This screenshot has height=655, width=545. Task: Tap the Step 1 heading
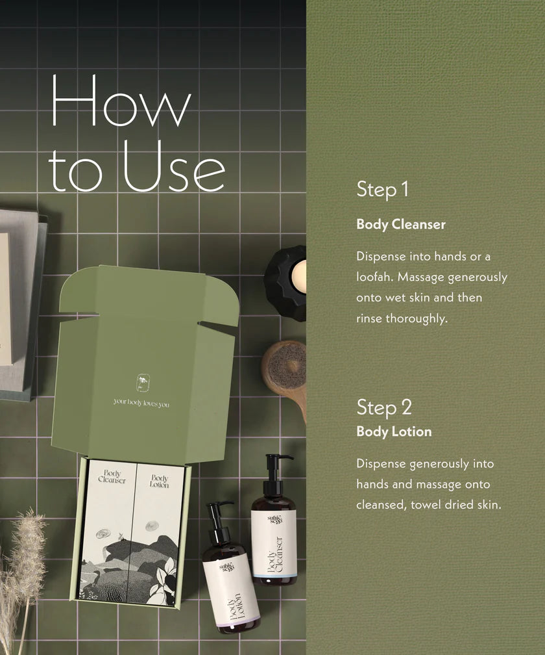[382, 190]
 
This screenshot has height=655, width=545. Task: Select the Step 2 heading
[383, 407]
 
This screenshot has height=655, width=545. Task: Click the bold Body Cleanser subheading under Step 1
[401, 225]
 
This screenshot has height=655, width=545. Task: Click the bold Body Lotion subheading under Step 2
[394, 431]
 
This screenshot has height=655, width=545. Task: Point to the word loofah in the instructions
[374, 277]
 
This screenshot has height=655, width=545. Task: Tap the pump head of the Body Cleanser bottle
[276, 462]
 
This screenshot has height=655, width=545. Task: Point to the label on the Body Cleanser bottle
[274, 543]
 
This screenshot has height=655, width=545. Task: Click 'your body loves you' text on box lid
[141, 403]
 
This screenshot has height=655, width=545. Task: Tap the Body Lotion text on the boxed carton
[159, 482]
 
